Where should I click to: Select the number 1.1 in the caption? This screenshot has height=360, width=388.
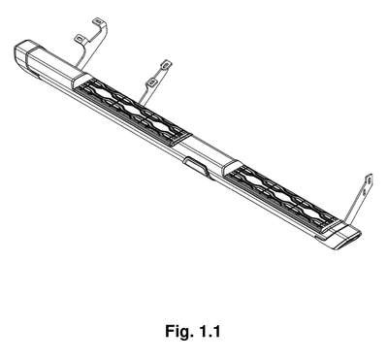point(210,331)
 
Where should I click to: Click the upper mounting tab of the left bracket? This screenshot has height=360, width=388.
point(98,22)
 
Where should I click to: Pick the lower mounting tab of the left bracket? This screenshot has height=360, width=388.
point(80,39)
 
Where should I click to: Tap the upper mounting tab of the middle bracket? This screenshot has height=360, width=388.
point(166,64)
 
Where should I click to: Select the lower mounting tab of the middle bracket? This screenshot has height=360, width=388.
point(151,82)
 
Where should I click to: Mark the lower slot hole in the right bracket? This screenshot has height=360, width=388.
point(365,192)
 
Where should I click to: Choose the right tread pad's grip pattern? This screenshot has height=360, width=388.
point(282,198)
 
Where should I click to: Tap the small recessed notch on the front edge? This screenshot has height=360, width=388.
point(195,166)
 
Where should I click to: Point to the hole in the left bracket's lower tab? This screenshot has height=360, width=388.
point(80,39)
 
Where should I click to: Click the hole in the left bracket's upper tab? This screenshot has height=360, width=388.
point(98,22)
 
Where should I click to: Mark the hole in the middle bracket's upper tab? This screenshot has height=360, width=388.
point(166,64)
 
